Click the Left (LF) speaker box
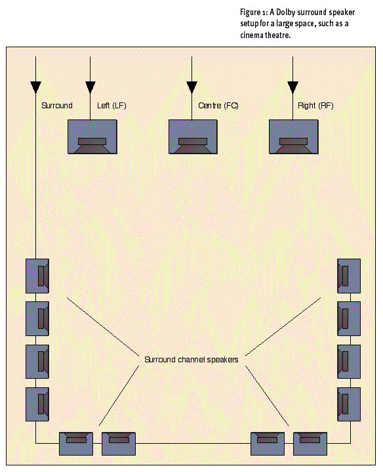click(x=92, y=137)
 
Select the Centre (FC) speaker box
click(x=193, y=137)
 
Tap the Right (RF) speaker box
click(x=293, y=137)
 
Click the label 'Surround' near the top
click(x=57, y=106)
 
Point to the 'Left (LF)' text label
click(x=111, y=106)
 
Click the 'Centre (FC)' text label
click(x=218, y=106)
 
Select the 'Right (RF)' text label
click(x=315, y=106)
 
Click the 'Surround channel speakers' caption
click(x=191, y=360)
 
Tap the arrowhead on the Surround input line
click(x=36, y=87)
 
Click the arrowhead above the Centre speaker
click(x=191, y=87)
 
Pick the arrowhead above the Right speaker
click(x=292, y=87)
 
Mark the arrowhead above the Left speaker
click(x=91, y=87)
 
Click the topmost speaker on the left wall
click(x=37, y=276)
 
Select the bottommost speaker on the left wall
click(x=37, y=404)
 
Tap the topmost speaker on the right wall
click(x=349, y=276)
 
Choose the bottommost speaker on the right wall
click(x=349, y=404)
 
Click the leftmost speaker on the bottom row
click(x=76, y=444)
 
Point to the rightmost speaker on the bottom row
click(x=310, y=444)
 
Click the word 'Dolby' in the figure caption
click(x=285, y=12)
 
